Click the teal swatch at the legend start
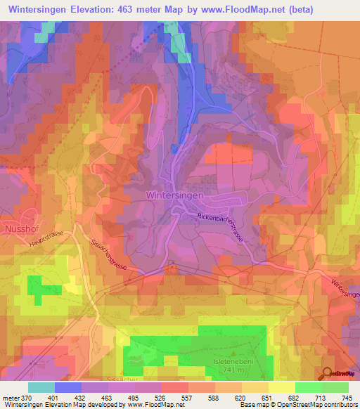(x=41, y=388)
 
